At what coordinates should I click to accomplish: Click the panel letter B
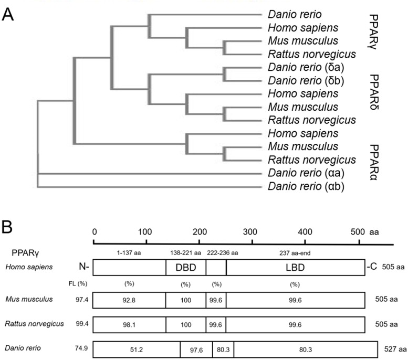coord(7,227)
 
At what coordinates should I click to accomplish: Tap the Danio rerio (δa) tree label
coord(306,67)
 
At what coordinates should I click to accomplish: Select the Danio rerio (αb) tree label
coord(306,186)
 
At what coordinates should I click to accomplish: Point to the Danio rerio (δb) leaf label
coord(306,81)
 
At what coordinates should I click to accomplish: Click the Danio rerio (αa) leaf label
coord(306,173)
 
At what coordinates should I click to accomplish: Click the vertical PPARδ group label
coord(374,92)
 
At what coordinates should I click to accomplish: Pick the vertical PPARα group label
coord(374,163)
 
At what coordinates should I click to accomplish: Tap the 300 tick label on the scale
coord(250,232)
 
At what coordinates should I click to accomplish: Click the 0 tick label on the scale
coord(95,232)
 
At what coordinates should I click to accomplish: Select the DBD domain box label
coord(186,268)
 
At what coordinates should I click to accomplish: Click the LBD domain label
coord(295,268)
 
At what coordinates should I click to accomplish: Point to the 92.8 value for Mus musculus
coord(129,300)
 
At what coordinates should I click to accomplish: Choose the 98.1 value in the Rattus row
coord(129,325)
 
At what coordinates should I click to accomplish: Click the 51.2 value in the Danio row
coord(137,350)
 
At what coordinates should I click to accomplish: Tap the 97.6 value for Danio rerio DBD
coord(196,350)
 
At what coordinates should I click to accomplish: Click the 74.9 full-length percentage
coord(81,348)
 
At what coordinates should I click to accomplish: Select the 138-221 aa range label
coord(185,253)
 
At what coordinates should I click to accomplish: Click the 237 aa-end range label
coord(295,253)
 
